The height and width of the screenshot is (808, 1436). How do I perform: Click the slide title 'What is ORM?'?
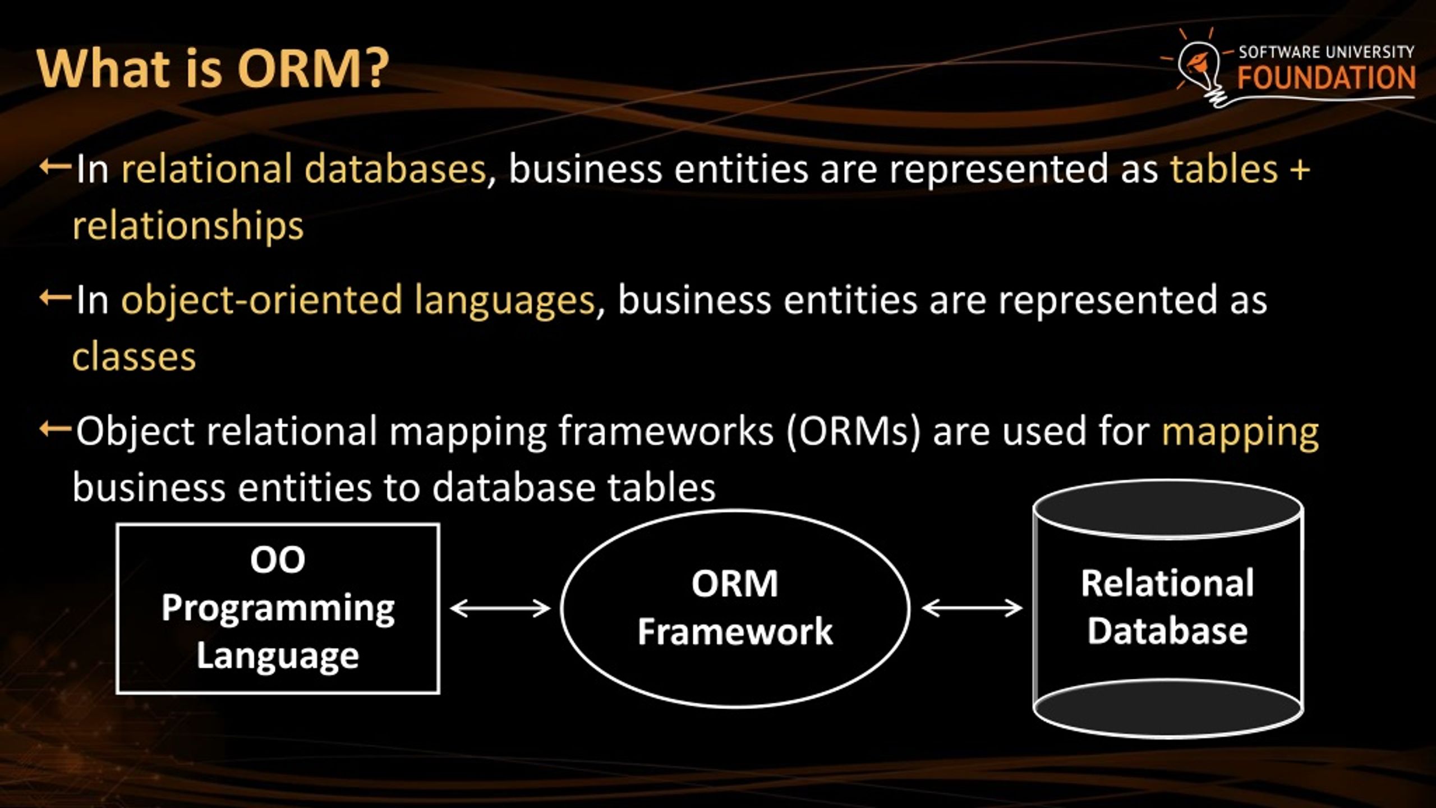click(x=212, y=70)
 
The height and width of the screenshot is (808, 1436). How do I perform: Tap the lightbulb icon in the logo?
click(x=1200, y=67)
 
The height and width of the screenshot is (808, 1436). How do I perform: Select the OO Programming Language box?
click(x=278, y=608)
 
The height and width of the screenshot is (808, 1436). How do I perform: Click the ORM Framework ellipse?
click(x=735, y=608)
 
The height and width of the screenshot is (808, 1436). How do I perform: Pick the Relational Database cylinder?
click(x=1168, y=608)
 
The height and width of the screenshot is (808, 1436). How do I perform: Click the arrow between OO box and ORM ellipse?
click(x=500, y=608)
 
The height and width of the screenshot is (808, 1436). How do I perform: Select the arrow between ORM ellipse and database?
click(x=972, y=608)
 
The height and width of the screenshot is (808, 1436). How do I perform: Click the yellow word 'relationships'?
click(x=188, y=226)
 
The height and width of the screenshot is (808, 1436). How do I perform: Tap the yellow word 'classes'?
click(x=134, y=357)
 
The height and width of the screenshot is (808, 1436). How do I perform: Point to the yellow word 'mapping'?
click(x=1240, y=432)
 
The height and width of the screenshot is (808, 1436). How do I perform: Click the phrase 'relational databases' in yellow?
click(x=303, y=169)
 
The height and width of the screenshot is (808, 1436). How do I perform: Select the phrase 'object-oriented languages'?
click(x=357, y=300)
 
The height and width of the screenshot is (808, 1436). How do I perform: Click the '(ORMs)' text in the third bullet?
click(x=853, y=432)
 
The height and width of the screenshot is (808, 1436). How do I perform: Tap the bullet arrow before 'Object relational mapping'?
click(x=55, y=430)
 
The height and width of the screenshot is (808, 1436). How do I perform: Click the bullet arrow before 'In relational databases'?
click(x=55, y=167)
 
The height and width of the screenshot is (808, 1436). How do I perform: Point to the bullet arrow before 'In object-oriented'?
click(x=55, y=298)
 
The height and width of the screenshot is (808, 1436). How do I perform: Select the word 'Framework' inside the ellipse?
click(x=735, y=632)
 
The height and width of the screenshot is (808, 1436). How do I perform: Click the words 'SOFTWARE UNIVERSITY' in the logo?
click(x=1326, y=52)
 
